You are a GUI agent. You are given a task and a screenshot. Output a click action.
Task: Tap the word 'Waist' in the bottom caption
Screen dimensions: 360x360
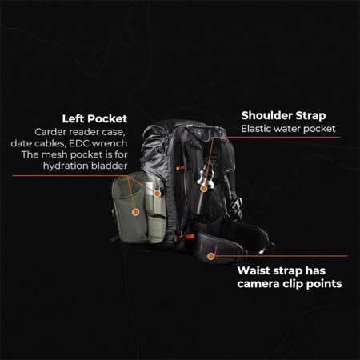tap(258, 270)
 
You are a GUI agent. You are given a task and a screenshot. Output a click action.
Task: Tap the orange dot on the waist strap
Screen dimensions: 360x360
tap(211, 257)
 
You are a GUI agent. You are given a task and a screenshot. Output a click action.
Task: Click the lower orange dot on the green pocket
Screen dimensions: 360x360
tap(136, 212)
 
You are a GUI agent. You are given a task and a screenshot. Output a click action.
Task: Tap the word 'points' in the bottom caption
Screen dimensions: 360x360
tap(322, 283)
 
